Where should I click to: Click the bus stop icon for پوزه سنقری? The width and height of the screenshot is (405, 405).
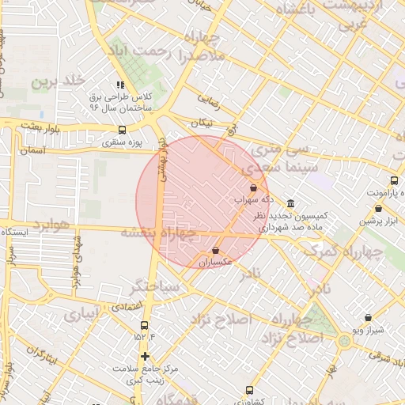click(x=121, y=131)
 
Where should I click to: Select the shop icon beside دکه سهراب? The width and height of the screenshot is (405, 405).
click(x=253, y=188)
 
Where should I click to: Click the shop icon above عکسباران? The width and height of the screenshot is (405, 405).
click(x=215, y=250)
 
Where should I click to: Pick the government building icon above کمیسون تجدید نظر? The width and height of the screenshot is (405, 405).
click(x=292, y=203)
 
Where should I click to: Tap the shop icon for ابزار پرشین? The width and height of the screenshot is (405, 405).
click(x=379, y=209)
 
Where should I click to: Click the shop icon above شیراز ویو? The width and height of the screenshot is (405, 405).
click(x=369, y=317)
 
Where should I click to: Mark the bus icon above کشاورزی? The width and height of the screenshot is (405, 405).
click(x=250, y=390)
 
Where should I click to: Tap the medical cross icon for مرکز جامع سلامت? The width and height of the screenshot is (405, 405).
click(x=144, y=356)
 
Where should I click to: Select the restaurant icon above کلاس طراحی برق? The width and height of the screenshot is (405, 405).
click(x=120, y=85)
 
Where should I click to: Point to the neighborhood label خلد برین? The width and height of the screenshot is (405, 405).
click(x=57, y=81)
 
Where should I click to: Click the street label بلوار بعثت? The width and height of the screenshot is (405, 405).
click(x=41, y=127)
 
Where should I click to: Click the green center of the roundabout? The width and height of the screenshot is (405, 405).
click(x=344, y=341)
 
